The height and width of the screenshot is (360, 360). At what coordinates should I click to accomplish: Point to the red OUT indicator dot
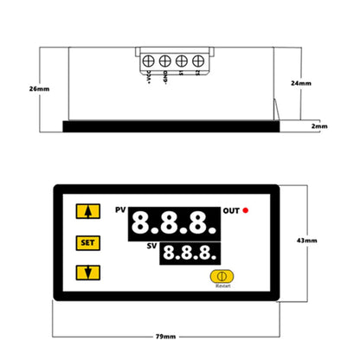pyautogui.click(x=246, y=210)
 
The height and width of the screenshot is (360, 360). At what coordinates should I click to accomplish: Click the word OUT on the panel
pyautogui.click(x=231, y=210)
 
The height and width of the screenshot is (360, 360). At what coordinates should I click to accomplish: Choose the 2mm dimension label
pyautogui.click(x=319, y=126)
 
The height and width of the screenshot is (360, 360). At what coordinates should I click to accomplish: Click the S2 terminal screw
pyautogui.click(x=197, y=61)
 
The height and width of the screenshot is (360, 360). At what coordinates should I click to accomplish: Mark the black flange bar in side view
pyautogui.click(x=172, y=126)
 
